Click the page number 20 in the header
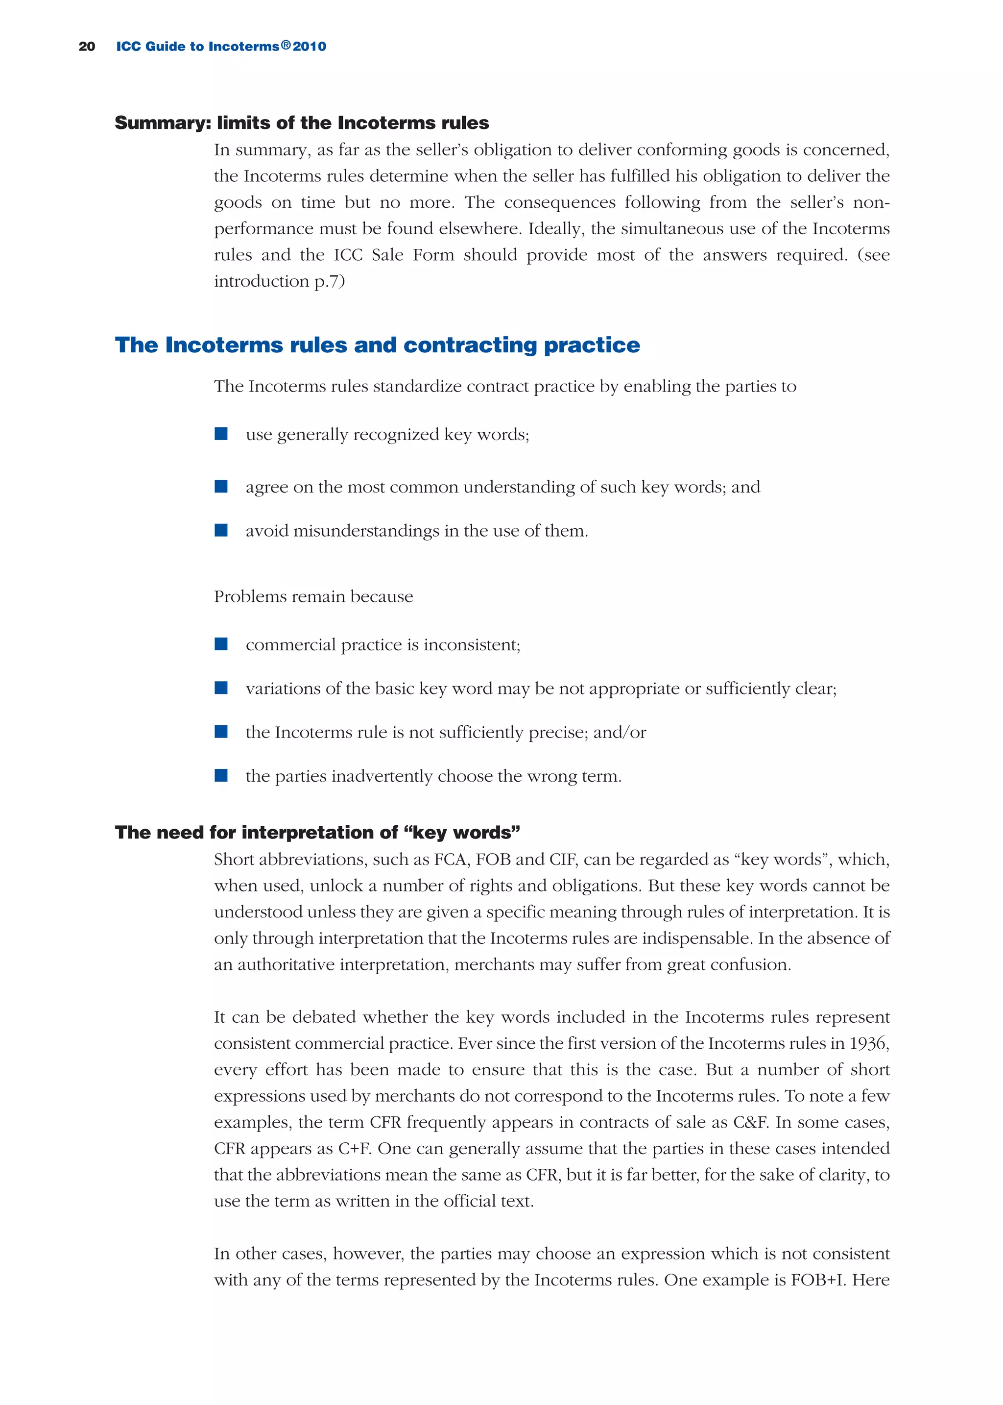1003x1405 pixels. [x=87, y=47]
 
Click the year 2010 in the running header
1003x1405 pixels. [x=310, y=47]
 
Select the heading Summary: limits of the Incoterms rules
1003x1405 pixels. [x=301, y=123]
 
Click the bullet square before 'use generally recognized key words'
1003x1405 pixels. [x=220, y=434]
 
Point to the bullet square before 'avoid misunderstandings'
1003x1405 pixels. [x=220, y=530]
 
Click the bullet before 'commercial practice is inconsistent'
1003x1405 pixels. [x=220, y=644]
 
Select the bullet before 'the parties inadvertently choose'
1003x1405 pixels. [x=220, y=775]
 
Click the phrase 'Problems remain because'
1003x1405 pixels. [x=313, y=597]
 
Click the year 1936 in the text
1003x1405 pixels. [x=868, y=1043]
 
